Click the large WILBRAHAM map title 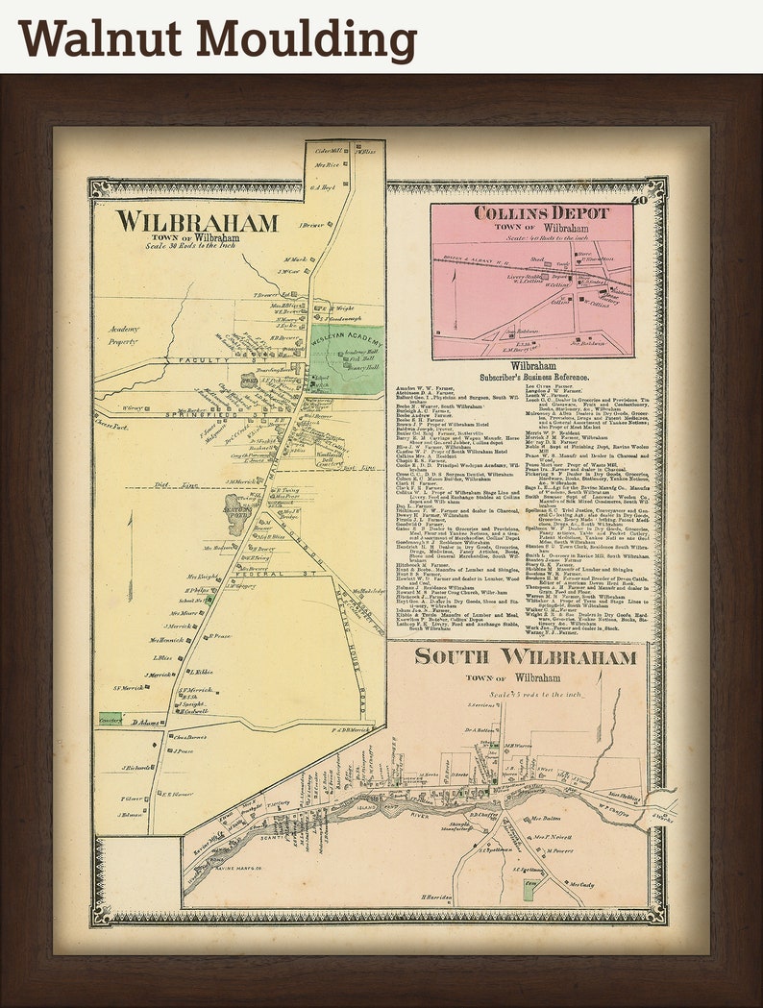pos(197,222)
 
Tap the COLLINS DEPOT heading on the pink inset pos(541,213)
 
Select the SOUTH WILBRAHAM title pos(526,658)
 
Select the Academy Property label pos(123,334)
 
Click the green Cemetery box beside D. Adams pos(111,719)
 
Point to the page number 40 pos(641,200)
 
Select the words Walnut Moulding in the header pos(217,39)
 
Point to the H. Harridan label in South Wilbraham pos(436,896)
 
